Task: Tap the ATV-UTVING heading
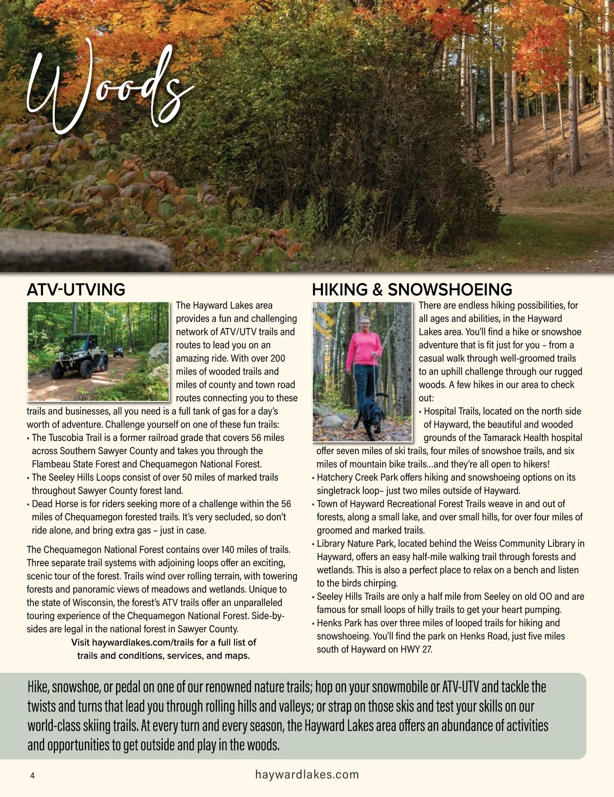76,290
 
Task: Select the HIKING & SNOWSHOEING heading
412,290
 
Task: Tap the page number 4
33,776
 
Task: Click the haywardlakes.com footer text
307,774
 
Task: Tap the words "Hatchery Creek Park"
357,477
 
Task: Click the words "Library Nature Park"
356,544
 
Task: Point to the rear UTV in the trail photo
118,351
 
